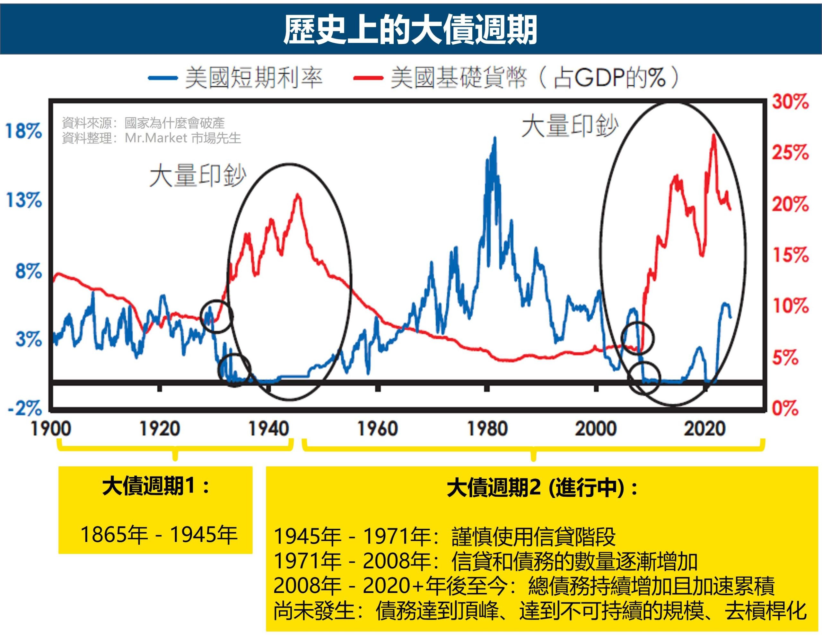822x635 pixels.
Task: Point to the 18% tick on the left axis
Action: [23, 131]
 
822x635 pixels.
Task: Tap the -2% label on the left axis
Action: [25, 408]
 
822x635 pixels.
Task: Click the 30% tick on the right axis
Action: [790, 102]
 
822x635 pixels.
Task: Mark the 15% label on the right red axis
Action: [790, 255]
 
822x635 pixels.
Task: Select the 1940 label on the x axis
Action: [269, 429]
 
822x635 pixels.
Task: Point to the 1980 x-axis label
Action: [487, 429]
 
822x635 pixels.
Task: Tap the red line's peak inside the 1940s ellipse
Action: [298, 195]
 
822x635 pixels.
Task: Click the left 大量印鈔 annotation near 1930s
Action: [197, 176]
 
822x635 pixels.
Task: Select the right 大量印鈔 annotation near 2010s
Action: [569, 126]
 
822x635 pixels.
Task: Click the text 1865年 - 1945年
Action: [158, 534]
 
